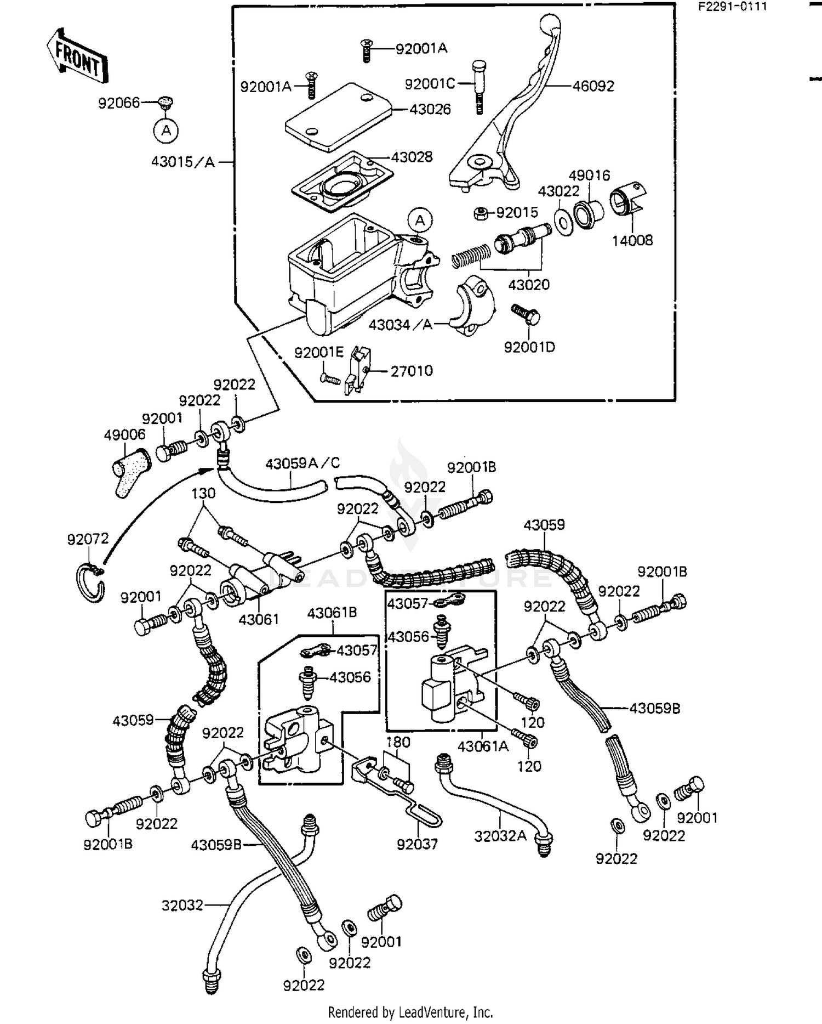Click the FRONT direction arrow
[76, 56]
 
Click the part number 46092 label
[593, 86]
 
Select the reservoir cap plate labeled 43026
[338, 117]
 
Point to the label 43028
[412, 157]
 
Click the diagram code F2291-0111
[732, 7]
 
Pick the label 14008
[632, 240]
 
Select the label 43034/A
[401, 325]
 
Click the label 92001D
[530, 347]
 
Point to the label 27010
[412, 371]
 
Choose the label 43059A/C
[302, 463]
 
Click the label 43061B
[332, 613]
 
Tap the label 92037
[418, 844]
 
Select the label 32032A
[500, 836]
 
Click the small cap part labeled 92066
[165, 101]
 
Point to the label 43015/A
[183, 162]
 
